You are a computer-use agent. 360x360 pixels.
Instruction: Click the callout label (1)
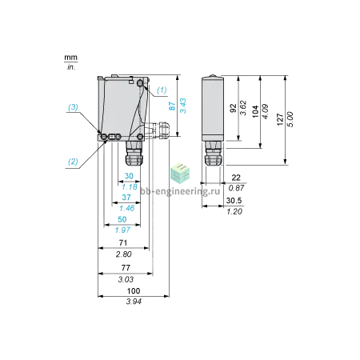tap(162, 90)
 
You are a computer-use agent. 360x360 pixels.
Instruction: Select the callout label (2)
tap(73, 162)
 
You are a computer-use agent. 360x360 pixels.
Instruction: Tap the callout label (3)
tap(73, 107)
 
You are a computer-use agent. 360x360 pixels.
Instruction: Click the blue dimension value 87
tap(172, 106)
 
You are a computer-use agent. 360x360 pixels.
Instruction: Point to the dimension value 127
tap(280, 119)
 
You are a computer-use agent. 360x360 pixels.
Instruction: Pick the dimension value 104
tap(255, 111)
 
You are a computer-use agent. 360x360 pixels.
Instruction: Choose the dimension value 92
tap(233, 108)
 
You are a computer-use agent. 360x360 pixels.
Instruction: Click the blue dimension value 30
tap(129, 176)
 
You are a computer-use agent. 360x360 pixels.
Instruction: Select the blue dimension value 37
tap(126, 198)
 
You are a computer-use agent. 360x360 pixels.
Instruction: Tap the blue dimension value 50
tap(122, 219)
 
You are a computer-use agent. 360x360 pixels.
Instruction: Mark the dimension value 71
tap(123, 242)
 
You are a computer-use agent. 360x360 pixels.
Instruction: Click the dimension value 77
tap(126, 268)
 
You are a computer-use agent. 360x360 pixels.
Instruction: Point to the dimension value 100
tap(134, 290)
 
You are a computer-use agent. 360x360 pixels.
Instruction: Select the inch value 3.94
tap(134, 302)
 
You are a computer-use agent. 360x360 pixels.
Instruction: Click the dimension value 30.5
tap(234, 201)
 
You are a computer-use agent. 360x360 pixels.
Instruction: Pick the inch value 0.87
tap(236, 188)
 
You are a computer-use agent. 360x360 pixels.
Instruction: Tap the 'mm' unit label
tap(70, 58)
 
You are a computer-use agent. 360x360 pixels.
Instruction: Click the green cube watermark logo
tap(181, 173)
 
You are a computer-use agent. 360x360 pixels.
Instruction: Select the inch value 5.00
tap(290, 119)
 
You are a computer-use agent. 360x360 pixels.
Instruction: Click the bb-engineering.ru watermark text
tap(180, 191)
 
